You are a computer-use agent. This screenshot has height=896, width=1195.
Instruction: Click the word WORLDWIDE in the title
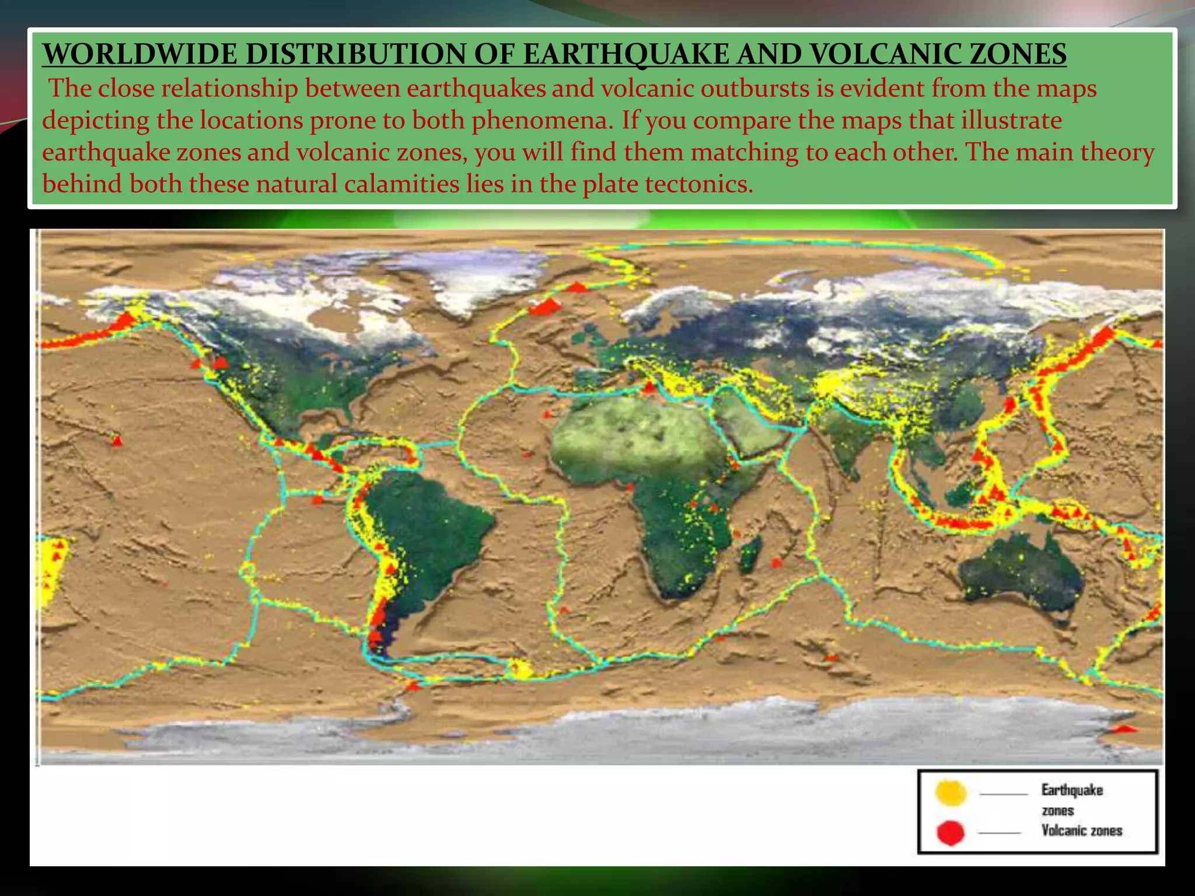138,54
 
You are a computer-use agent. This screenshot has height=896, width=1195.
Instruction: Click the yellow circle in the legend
951,793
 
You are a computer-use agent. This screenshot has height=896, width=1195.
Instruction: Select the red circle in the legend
951,832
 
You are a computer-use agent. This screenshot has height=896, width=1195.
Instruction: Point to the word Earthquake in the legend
1072,790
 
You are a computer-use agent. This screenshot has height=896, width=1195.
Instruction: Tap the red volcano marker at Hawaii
117,440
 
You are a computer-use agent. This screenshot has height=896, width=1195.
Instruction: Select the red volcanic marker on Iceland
546,306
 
